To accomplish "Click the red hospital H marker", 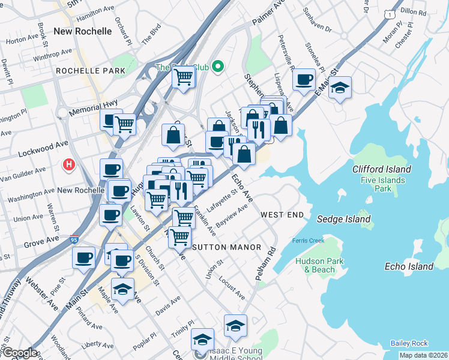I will click(69, 164).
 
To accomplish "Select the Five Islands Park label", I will click(382, 184).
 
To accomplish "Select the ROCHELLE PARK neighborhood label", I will click(91, 71).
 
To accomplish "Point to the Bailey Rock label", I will click(409, 343).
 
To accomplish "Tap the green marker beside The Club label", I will click(218, 67).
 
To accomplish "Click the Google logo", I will click(19, 353).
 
